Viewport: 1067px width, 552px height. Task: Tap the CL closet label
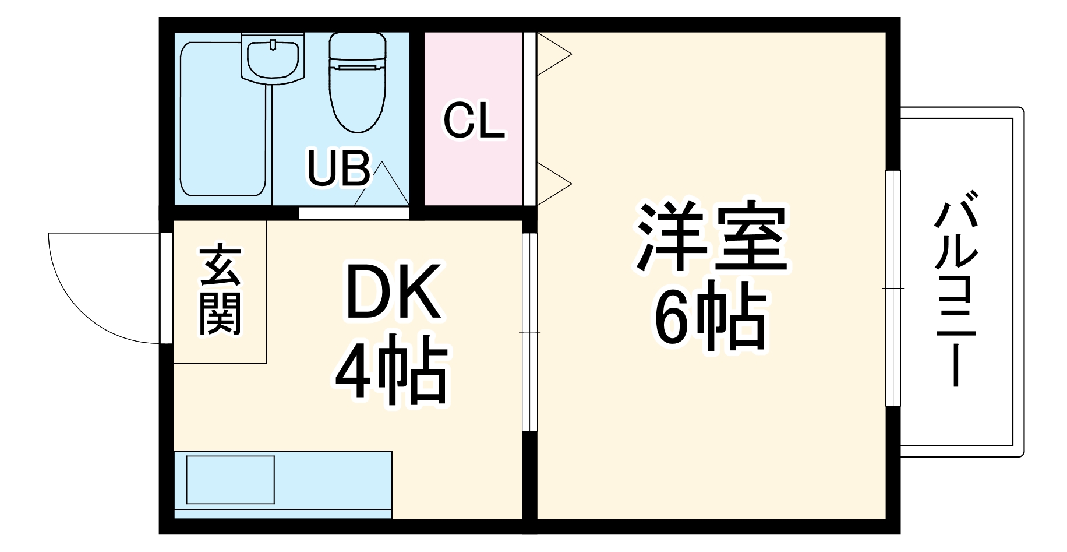[474, 121]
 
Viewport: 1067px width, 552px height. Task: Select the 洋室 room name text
[711, 237]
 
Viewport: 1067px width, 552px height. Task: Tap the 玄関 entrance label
[220, 291]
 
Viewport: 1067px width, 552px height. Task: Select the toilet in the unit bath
[357, 82]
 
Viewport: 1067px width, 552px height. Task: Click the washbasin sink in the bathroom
[273, 58]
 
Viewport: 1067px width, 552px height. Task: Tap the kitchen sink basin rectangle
[230, 480]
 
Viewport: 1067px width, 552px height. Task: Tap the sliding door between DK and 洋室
[528, 332]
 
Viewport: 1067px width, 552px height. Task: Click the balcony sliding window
[892, 288]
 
